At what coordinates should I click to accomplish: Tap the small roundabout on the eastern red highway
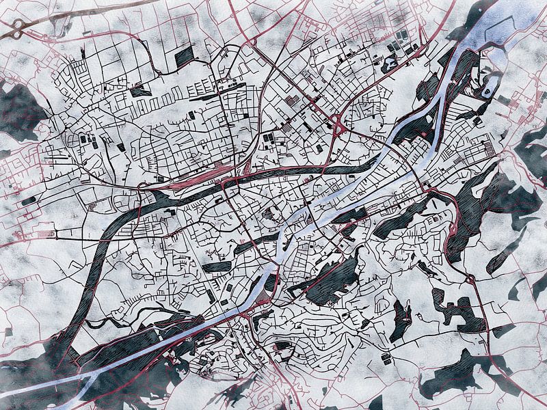471,279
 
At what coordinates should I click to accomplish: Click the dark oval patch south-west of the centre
217,267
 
